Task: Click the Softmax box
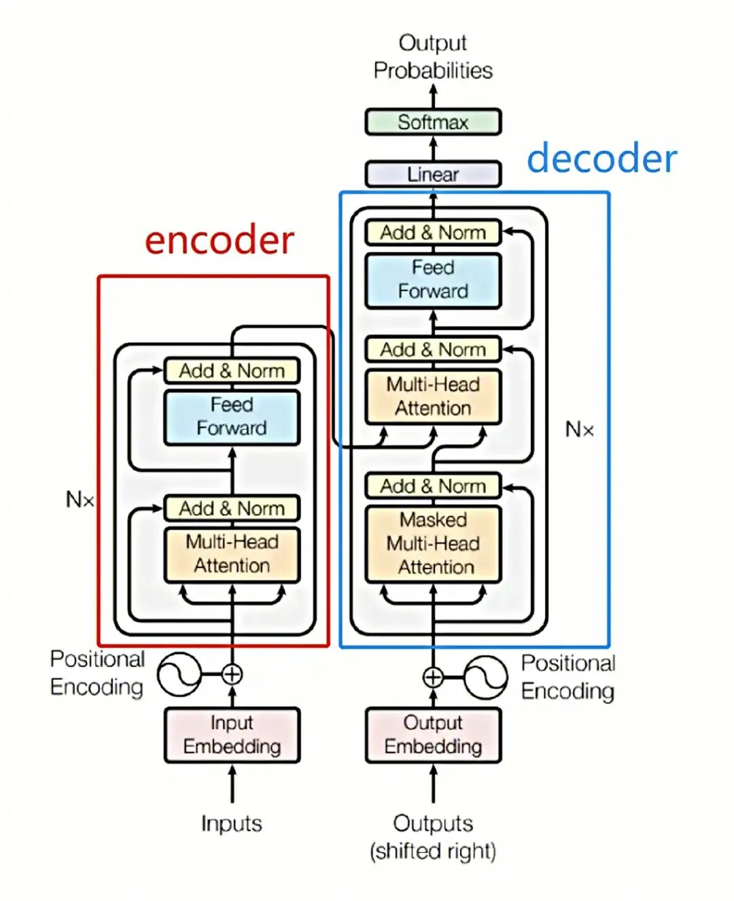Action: pyautogui.click(x=433, y=122)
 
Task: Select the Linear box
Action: pyautogui.click(x=433, y=174)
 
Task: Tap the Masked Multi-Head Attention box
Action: pyautogui.click(x=433, y=543)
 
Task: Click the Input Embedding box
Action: pyautogui.click(x=232, y=734)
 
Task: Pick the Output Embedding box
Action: pyautogui.click(x=433, y=734)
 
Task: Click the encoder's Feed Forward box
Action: pyautogui.click(x=232, y=416)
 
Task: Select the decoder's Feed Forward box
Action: pyautogui.click(x=433, y=279)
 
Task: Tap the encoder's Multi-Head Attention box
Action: pyautogui.click(x=232, y=554)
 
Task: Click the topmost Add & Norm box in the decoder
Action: pyautogui.click(x=433, y=233)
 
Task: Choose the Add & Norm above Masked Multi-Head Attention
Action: pyautogui.click(x=433, y=486)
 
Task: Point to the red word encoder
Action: pyautogui.click(x=220, y=240)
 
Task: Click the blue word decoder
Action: pyautogui.click(x=601, y=158)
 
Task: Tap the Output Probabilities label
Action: pyautogui.click(x=433, y=56)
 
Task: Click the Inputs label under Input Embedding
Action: pyautogui.click(x=232, y=823)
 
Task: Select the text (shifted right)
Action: pyautogui.click(x=433, y=851)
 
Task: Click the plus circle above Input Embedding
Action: pyautogui.click(x=232, y=675)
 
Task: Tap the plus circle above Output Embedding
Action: pyautogui.click(x=433, y=677)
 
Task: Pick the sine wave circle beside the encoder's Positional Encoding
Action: pyautogui.click(x=179, y=675)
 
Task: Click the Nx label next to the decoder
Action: pyautogui.click(x=579, y=430)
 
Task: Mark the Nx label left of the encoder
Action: pyautogui.click(x=80, y=500)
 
